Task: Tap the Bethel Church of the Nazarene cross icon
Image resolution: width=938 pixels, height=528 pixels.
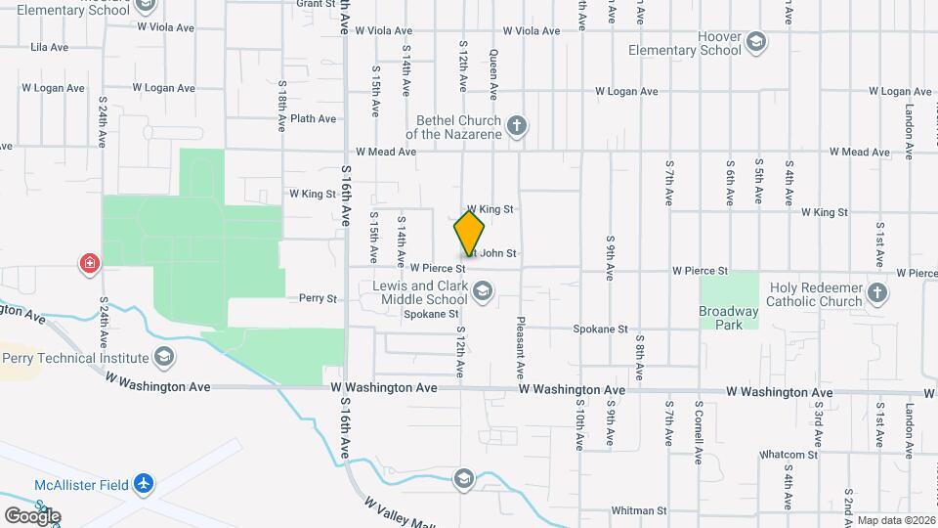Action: click(x=518, y=125)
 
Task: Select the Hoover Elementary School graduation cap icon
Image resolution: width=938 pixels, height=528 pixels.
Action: click(x=756, y=42)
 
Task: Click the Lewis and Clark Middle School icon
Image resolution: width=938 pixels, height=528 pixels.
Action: click(x=482, y=292)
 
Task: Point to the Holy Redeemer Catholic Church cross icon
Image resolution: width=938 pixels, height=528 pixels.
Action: click(x=877, y=293)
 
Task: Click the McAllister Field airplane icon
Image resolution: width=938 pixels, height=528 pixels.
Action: click(x=145, y=482)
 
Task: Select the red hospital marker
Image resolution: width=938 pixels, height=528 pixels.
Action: click(x=89, y=263)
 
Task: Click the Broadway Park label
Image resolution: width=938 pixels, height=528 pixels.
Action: click(x=728, y=318)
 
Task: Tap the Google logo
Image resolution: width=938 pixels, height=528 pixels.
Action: click(x=32, y=515)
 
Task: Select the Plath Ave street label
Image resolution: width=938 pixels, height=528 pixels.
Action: click(x=313, y=119)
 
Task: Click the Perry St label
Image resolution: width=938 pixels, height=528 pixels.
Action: click(x=318, y=298)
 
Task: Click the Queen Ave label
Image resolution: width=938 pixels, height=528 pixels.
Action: click(x=493, y=74)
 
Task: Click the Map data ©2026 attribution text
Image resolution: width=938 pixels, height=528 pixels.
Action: click(x=896, y=520)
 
